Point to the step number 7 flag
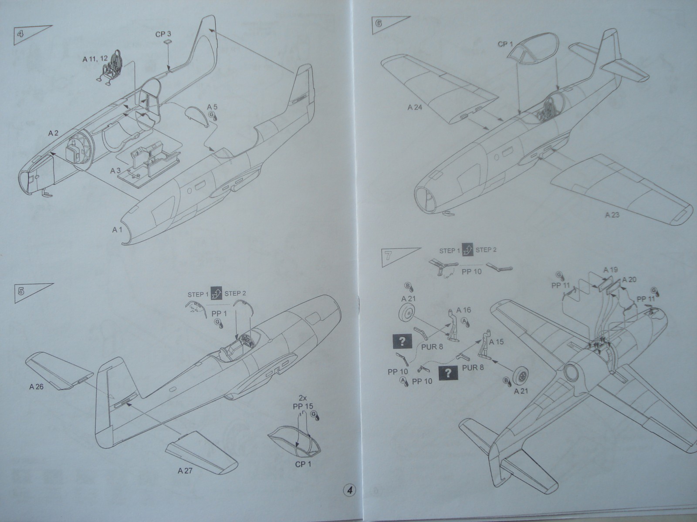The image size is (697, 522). (386, 255)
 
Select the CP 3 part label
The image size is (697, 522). (163, 33)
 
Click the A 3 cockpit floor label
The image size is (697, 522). (115, 171)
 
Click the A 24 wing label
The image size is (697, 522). (416, 107)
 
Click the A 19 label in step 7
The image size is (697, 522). (610, 270)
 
